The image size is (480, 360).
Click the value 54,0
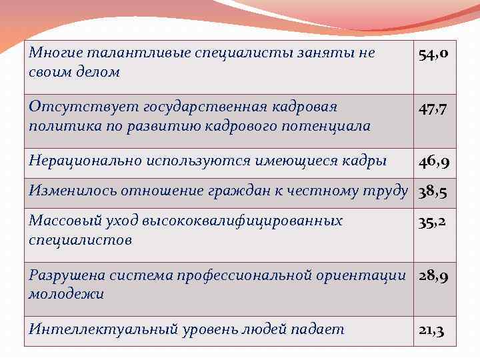[437, 54]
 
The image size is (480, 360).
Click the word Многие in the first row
[53, 53]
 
